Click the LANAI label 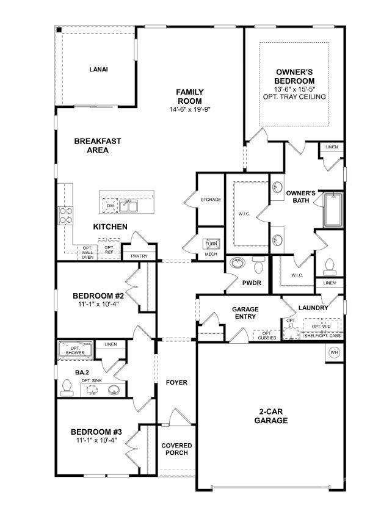tap(98, 70)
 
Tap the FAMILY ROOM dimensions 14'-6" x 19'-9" tap(191, 110)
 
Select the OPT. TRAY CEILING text tap(294, 97)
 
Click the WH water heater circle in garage tap(334, 352)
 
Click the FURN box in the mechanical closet tap(211, 244)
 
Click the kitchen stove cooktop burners tap(65, 216)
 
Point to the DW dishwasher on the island tap(111, 206)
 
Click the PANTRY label tap(139, 256)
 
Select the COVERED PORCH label tap(176, 449)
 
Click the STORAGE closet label tap(211, 200)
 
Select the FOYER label tap(176, 383)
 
